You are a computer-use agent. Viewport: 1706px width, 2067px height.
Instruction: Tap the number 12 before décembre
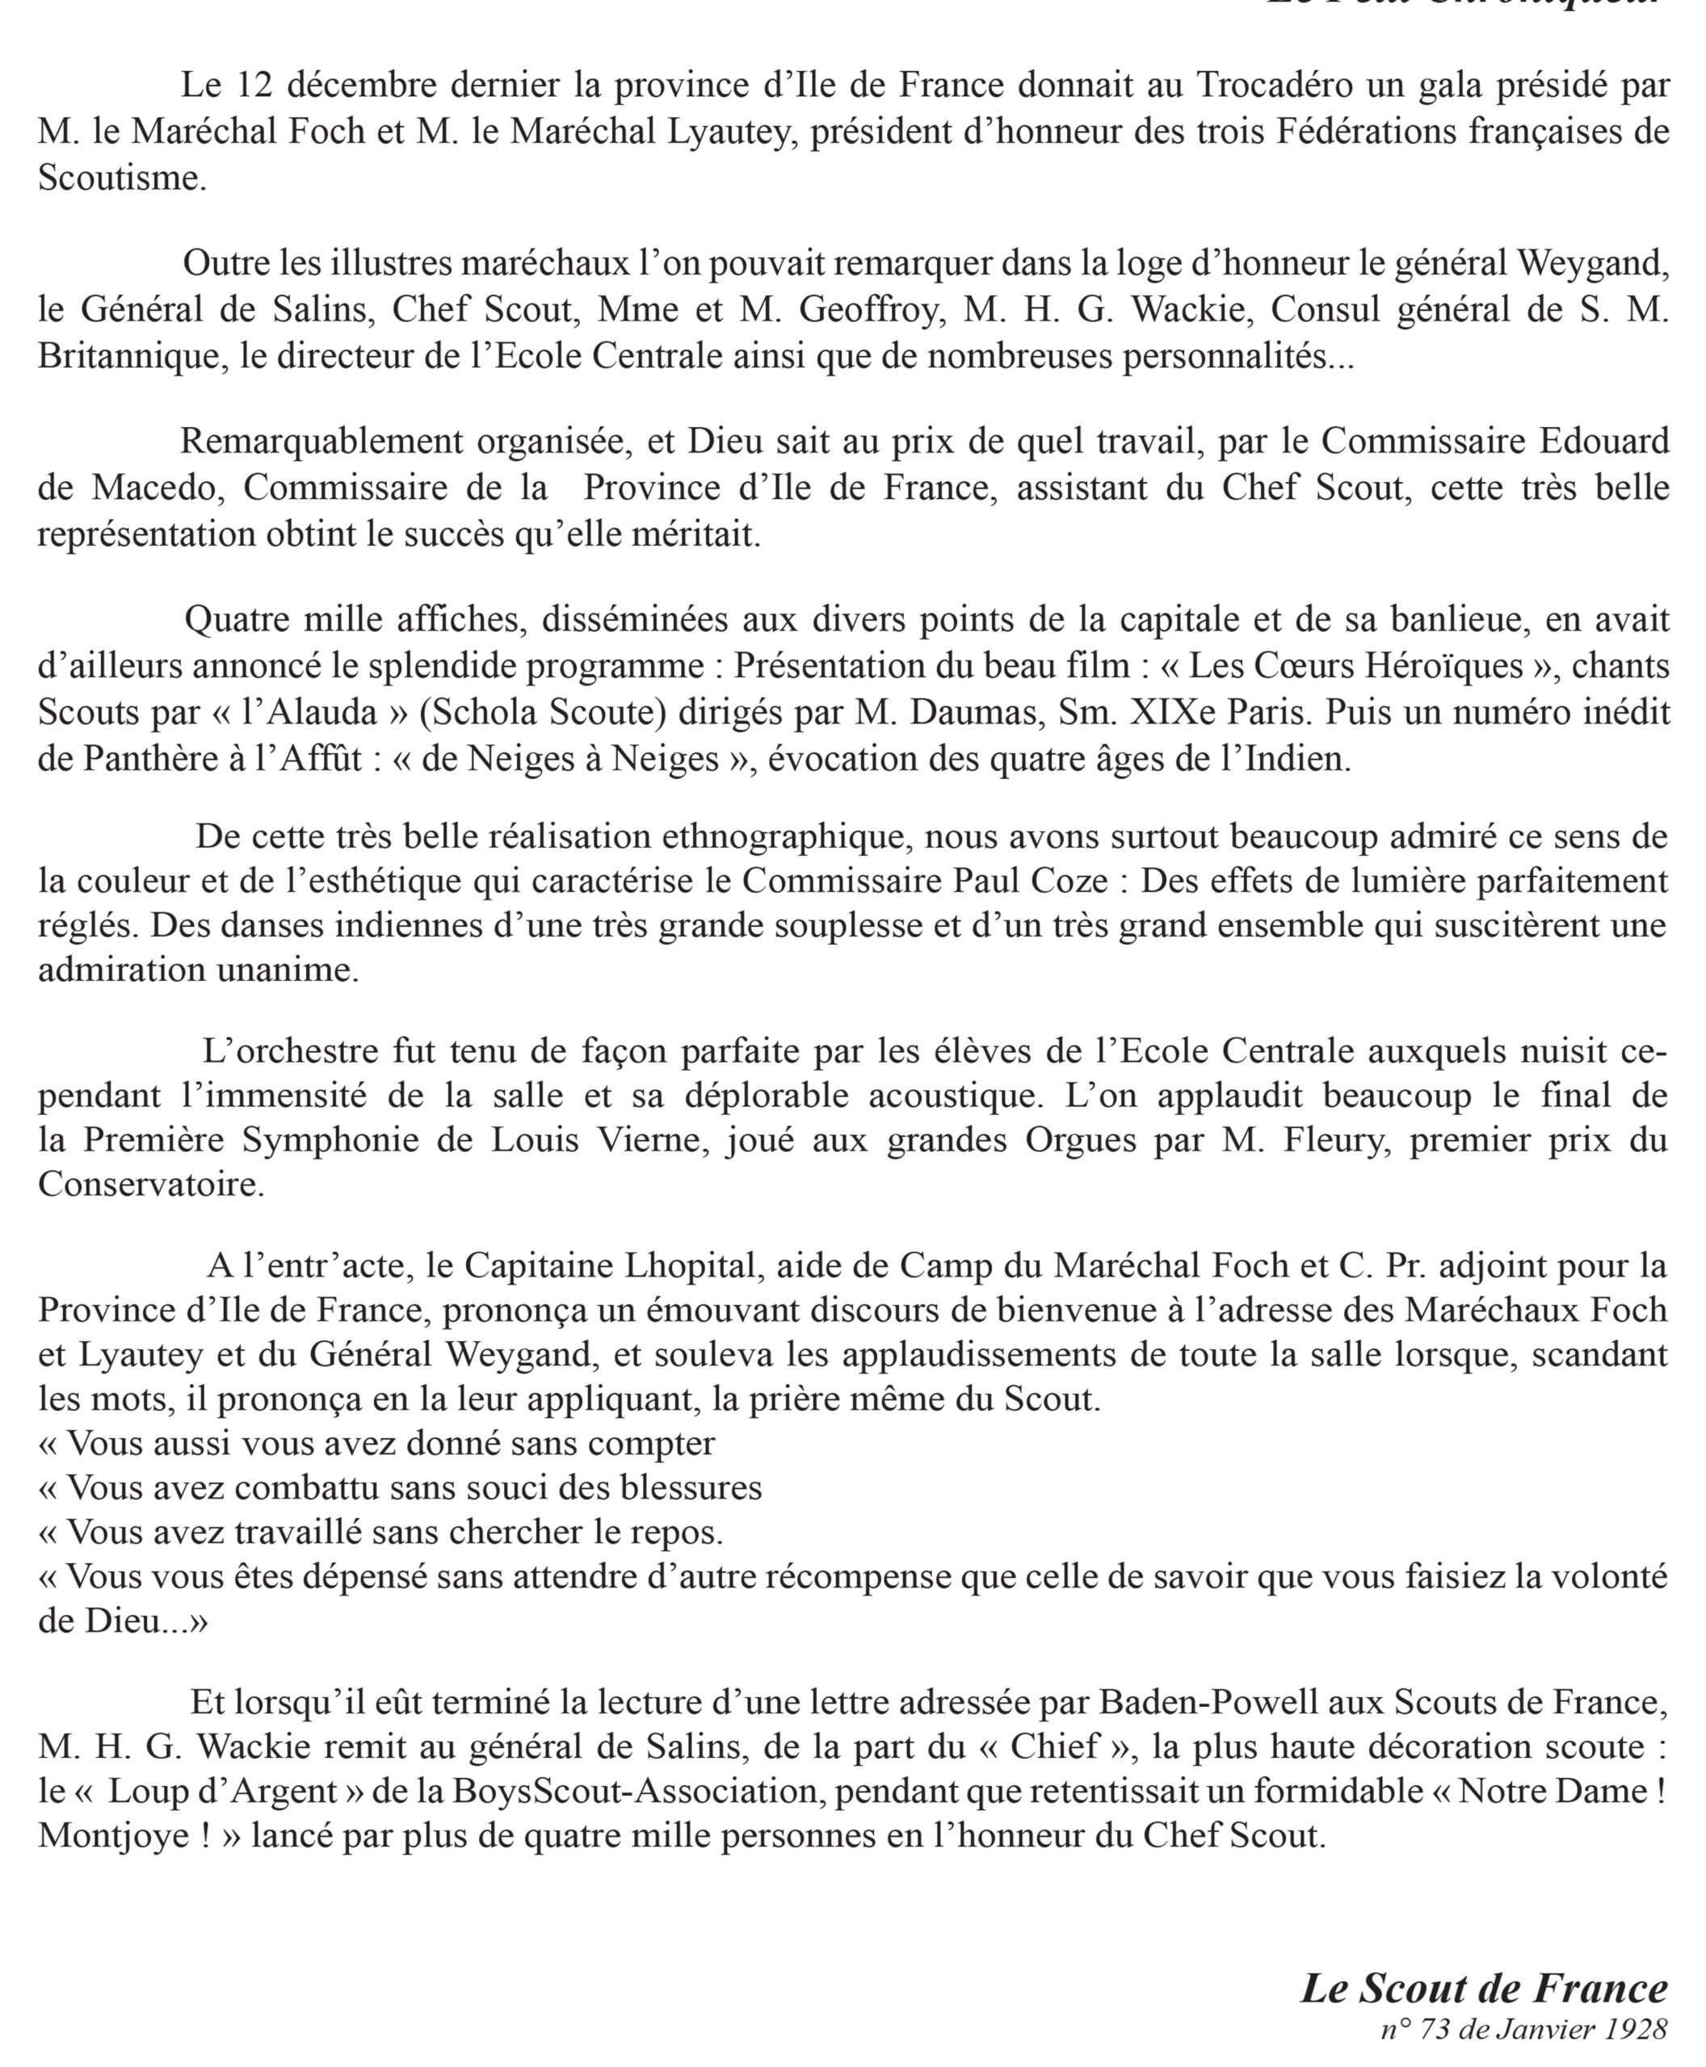(254, 86)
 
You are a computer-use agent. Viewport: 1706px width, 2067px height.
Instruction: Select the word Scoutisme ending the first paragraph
(122, 178)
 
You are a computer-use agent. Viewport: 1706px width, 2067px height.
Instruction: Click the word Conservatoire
(151, 1184)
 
